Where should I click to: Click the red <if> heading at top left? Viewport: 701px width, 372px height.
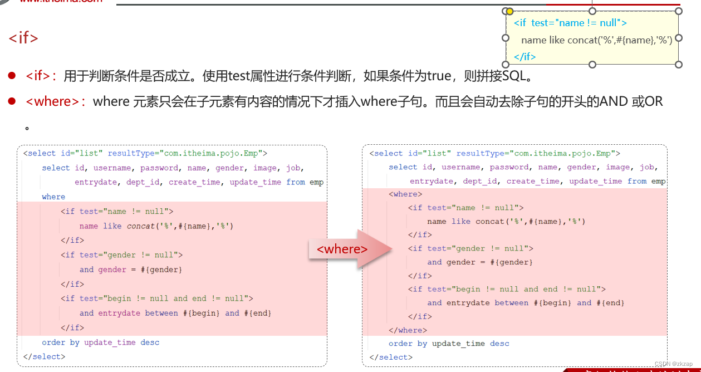(x=23, y=38)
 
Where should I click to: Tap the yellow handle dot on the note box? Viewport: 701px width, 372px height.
(x=509, y=11)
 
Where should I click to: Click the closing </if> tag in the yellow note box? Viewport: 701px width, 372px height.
(x=524, y=56)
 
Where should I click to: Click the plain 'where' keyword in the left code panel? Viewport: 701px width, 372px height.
(x=53, y=197)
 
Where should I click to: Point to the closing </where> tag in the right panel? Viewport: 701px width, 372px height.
(x=408, y=330)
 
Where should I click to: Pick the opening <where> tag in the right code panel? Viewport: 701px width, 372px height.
(x=405, y=194)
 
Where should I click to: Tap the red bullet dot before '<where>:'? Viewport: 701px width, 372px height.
(x=12, y=101)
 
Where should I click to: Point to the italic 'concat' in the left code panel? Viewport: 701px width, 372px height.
(x=141, y=226)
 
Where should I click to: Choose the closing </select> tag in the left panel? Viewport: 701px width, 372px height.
(x=45, y=356)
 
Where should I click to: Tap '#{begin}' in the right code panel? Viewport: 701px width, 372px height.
(x=553, y=303)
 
